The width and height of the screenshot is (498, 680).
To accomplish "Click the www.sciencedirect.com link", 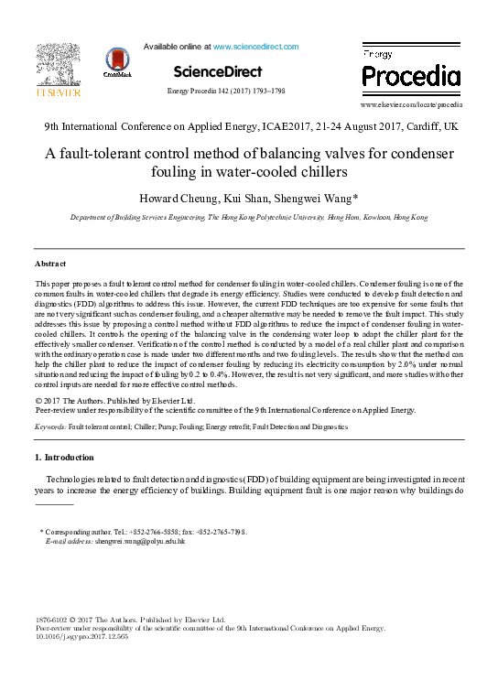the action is click(255, 46).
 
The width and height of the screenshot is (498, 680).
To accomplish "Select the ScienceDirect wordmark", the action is click(217, 71).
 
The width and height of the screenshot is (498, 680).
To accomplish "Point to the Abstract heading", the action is click(50, 264).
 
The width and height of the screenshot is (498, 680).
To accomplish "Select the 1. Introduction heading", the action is click(63, 457).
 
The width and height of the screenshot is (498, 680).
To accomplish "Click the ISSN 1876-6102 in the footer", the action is click(53, 620).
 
